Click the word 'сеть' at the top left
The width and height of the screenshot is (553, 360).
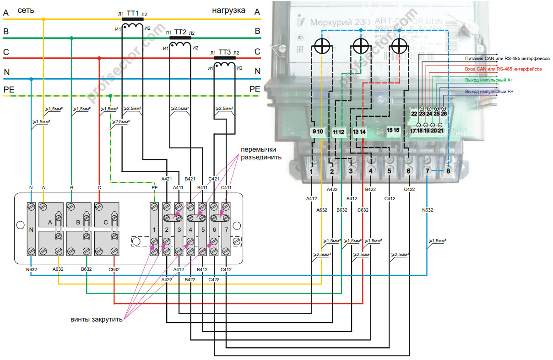tap(25, 10)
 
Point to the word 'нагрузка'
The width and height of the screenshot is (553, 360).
tap(228, 10)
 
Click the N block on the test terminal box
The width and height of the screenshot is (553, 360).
tap(31, 229)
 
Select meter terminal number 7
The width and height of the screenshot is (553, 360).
tap(427, 171)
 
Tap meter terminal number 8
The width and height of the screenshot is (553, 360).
tap(448, 171)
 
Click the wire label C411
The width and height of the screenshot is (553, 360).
tap(226, 187)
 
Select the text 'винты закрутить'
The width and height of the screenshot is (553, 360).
tap(97, 319)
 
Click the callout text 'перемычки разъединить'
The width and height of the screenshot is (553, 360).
tap(261, 153)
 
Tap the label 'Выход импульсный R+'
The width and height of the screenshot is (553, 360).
tap(489, 92)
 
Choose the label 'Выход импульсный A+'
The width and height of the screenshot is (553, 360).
tap(489, 80)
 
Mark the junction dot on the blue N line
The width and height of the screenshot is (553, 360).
tap(31, 79)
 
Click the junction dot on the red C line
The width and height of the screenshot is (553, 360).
tap(99, 59)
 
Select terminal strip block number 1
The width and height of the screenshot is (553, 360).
tap(155, 229)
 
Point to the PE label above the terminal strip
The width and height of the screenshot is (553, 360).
tap(154, 187)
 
